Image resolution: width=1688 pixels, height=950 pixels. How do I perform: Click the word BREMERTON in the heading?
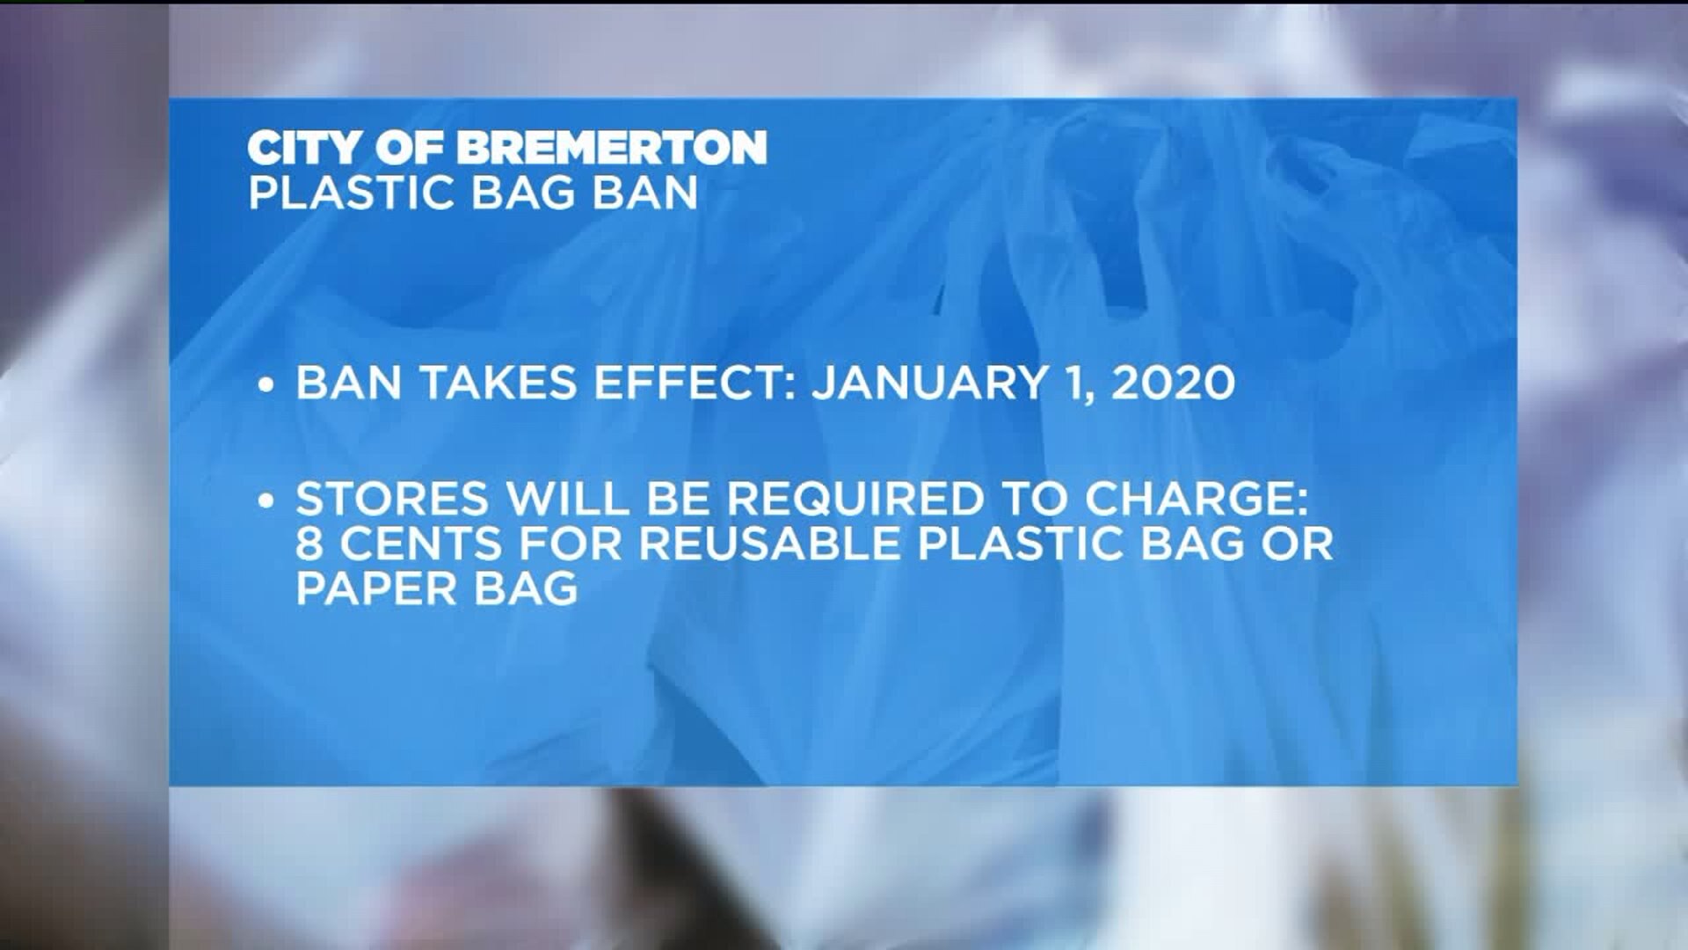point(611,148)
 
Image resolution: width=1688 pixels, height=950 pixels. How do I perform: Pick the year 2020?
point(1173,383)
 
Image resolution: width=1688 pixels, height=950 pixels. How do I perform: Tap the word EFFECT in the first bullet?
point(688,383)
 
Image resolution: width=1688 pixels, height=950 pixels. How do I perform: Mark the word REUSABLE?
point(770,544)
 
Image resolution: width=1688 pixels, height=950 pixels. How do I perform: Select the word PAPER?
point(375,588)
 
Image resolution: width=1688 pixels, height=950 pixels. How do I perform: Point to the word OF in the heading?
point(408,148)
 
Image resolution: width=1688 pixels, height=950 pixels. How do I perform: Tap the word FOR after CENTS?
point(571,544)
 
